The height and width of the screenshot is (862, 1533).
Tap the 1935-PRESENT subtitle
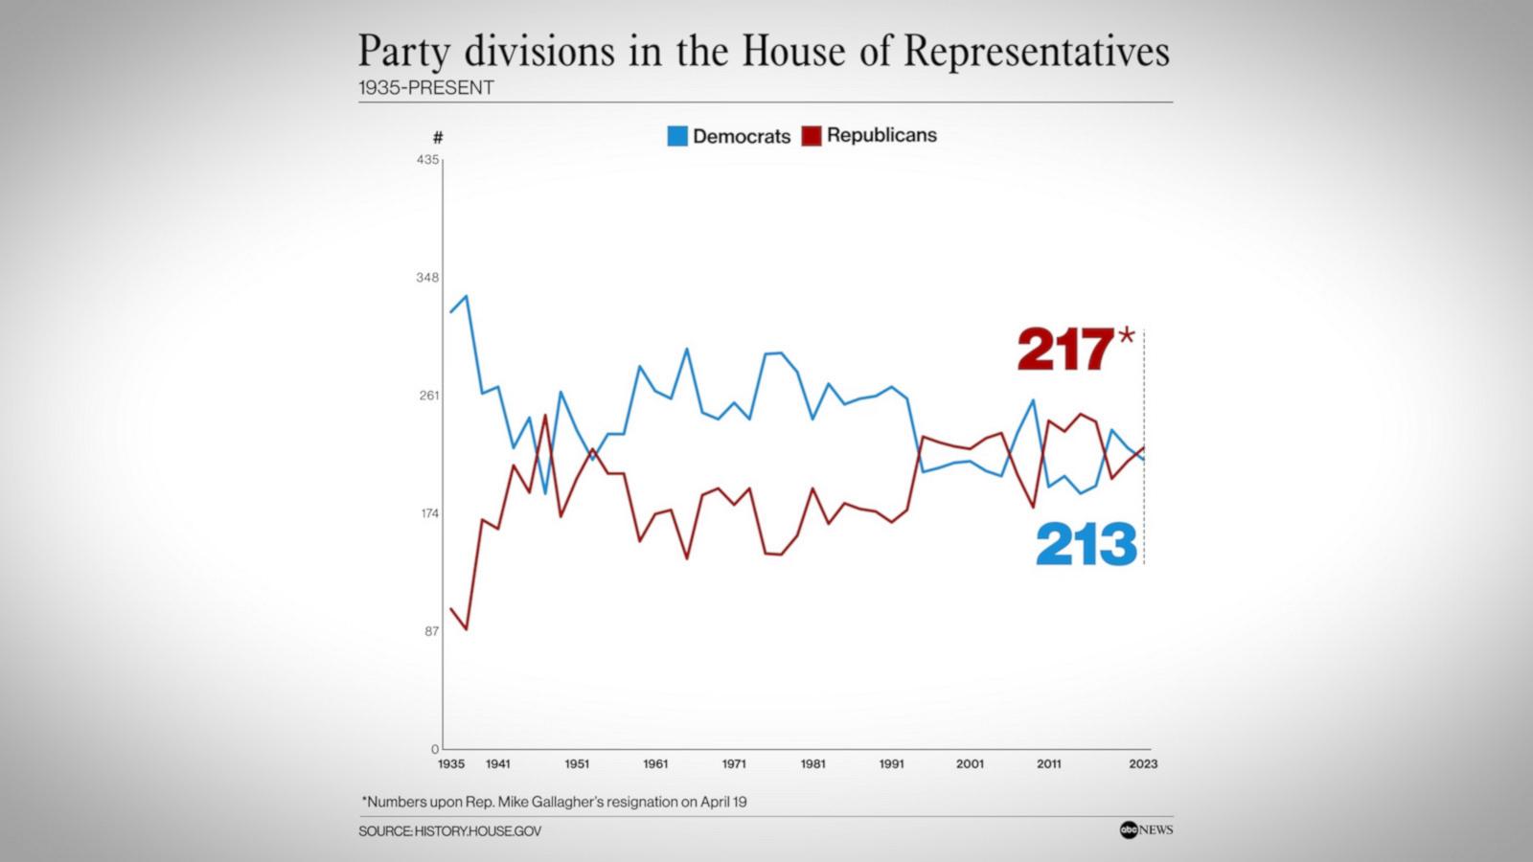(x=426, y=88)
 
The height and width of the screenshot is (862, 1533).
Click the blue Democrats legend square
(x=677, y=136)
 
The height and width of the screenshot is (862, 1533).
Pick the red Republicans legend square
(x=812, y=136)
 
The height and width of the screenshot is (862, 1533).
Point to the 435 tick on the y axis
(x=427, y=159)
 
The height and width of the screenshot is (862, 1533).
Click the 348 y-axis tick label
(x=427, y=278)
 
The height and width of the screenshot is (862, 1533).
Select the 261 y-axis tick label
(x=427, y=396)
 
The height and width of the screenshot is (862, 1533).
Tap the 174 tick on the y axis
(x=427, y=513)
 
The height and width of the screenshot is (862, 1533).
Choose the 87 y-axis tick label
(x=431, y=631)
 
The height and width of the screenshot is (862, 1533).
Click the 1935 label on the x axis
(x=450, y=764)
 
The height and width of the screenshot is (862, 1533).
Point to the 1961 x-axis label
(x=655, y=764)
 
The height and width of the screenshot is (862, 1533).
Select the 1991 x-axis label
(x=891, y=764)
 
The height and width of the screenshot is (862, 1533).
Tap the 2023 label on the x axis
(x=1143, y=764)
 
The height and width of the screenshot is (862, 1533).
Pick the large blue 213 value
(x=1086, y=544)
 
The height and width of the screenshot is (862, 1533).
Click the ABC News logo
(x=1146, y=830)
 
